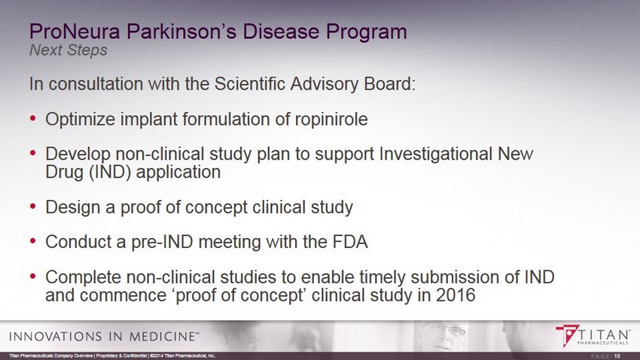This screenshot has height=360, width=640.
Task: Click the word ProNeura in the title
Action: click(x=75, y=32)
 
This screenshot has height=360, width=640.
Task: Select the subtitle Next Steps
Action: click(x=69, y=50)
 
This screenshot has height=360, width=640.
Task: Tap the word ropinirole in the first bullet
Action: click(x=331, y=120)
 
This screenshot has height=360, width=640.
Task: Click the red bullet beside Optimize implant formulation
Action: click(x=33, y=119)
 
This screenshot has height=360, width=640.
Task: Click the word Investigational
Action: click(x=435, y=154)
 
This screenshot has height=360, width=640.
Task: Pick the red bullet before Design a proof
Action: click(x=33, y=206)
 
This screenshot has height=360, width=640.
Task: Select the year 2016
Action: click(x=456, y=295)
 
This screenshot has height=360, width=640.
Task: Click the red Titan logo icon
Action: click(x=567, y=335)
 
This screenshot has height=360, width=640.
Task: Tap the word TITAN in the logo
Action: click(x=604, y=334)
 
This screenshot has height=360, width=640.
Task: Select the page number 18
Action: click(x=617, y=356)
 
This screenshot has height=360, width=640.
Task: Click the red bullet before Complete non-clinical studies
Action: click(x=33, y=276)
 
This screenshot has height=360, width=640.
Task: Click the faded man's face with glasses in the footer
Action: click(x=443, y=335)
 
